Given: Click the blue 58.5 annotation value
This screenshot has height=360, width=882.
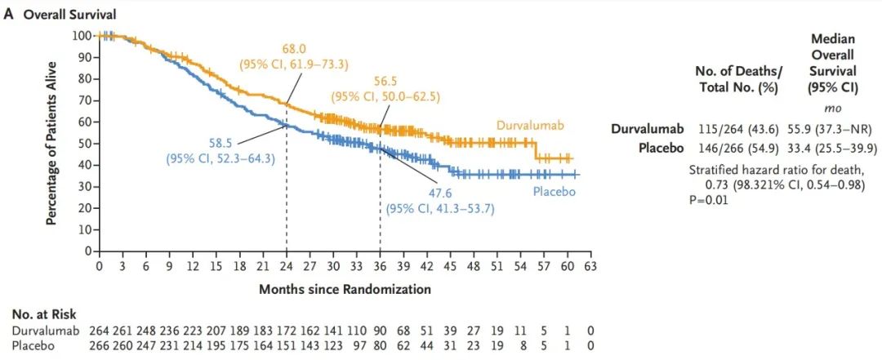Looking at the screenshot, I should pos(220,144).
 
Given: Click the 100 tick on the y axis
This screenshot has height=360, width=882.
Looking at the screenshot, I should pos(82,35).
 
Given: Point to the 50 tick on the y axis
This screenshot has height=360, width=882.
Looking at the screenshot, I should pos(85,144).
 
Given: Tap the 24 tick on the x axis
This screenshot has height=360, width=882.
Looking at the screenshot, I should pos(286,266).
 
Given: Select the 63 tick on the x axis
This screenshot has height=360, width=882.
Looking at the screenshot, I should pos(590,266).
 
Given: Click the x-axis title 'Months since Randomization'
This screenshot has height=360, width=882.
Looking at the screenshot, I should pos(345,289).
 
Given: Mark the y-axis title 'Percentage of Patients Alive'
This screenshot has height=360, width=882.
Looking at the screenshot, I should pos(51,144).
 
